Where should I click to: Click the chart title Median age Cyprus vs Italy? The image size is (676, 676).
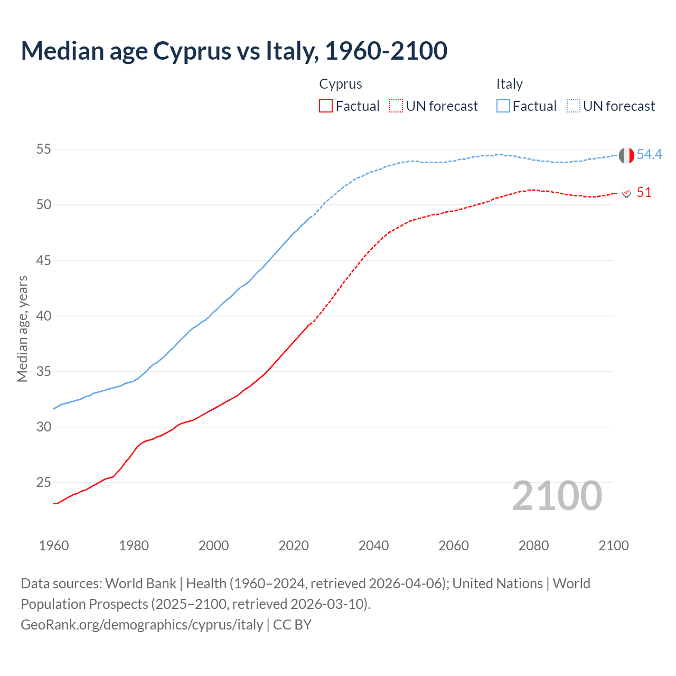[x=234, y=51]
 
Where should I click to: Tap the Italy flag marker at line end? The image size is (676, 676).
[x=626, y=155]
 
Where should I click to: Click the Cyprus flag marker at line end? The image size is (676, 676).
[x=626, y=193]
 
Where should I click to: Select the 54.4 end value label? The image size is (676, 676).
[x=649, y=154]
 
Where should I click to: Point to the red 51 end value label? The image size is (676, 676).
[x=644, y=192]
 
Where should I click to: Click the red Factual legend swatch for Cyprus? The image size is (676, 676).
[x=326, y=106]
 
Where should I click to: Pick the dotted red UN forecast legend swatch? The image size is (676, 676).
[x=396, y=106]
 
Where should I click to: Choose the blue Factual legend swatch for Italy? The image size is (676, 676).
[x=503, y=106]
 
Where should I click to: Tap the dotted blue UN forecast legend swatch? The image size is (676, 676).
[x=574, y=106]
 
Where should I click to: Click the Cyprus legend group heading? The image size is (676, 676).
[x=341, y=84]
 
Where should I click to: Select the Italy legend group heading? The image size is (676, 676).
[x=509, y=84]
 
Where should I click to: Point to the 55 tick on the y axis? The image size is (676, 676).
[x=43, y=149]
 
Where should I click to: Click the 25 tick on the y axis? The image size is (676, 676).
[x=43, y=483]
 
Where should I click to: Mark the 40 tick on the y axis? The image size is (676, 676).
[x=43, y=316]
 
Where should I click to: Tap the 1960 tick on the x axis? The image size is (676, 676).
[x=54, y=546]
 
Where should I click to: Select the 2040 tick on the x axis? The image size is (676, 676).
[x=373, y=546]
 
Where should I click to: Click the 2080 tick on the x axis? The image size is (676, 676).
[x=533, y=546]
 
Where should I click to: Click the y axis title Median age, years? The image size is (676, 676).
[x=22, y=328]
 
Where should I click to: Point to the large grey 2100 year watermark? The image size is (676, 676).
[x=557, y=496]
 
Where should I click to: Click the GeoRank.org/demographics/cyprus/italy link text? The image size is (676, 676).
[x=142, y=625]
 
